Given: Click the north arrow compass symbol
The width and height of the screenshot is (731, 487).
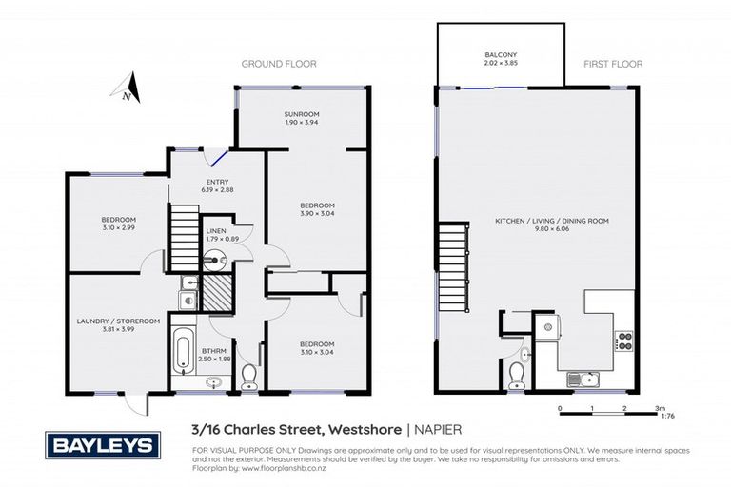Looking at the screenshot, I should click(129, 88).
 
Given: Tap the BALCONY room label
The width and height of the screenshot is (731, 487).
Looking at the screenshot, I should click(499, 55).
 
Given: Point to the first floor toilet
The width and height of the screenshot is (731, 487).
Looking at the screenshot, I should click(515, 372).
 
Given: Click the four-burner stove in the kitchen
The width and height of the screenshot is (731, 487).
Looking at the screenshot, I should click(624, 340).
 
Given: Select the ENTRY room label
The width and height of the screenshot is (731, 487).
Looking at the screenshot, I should click(217, 183).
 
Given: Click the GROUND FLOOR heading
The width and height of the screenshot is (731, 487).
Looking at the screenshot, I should click(278, 64).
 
